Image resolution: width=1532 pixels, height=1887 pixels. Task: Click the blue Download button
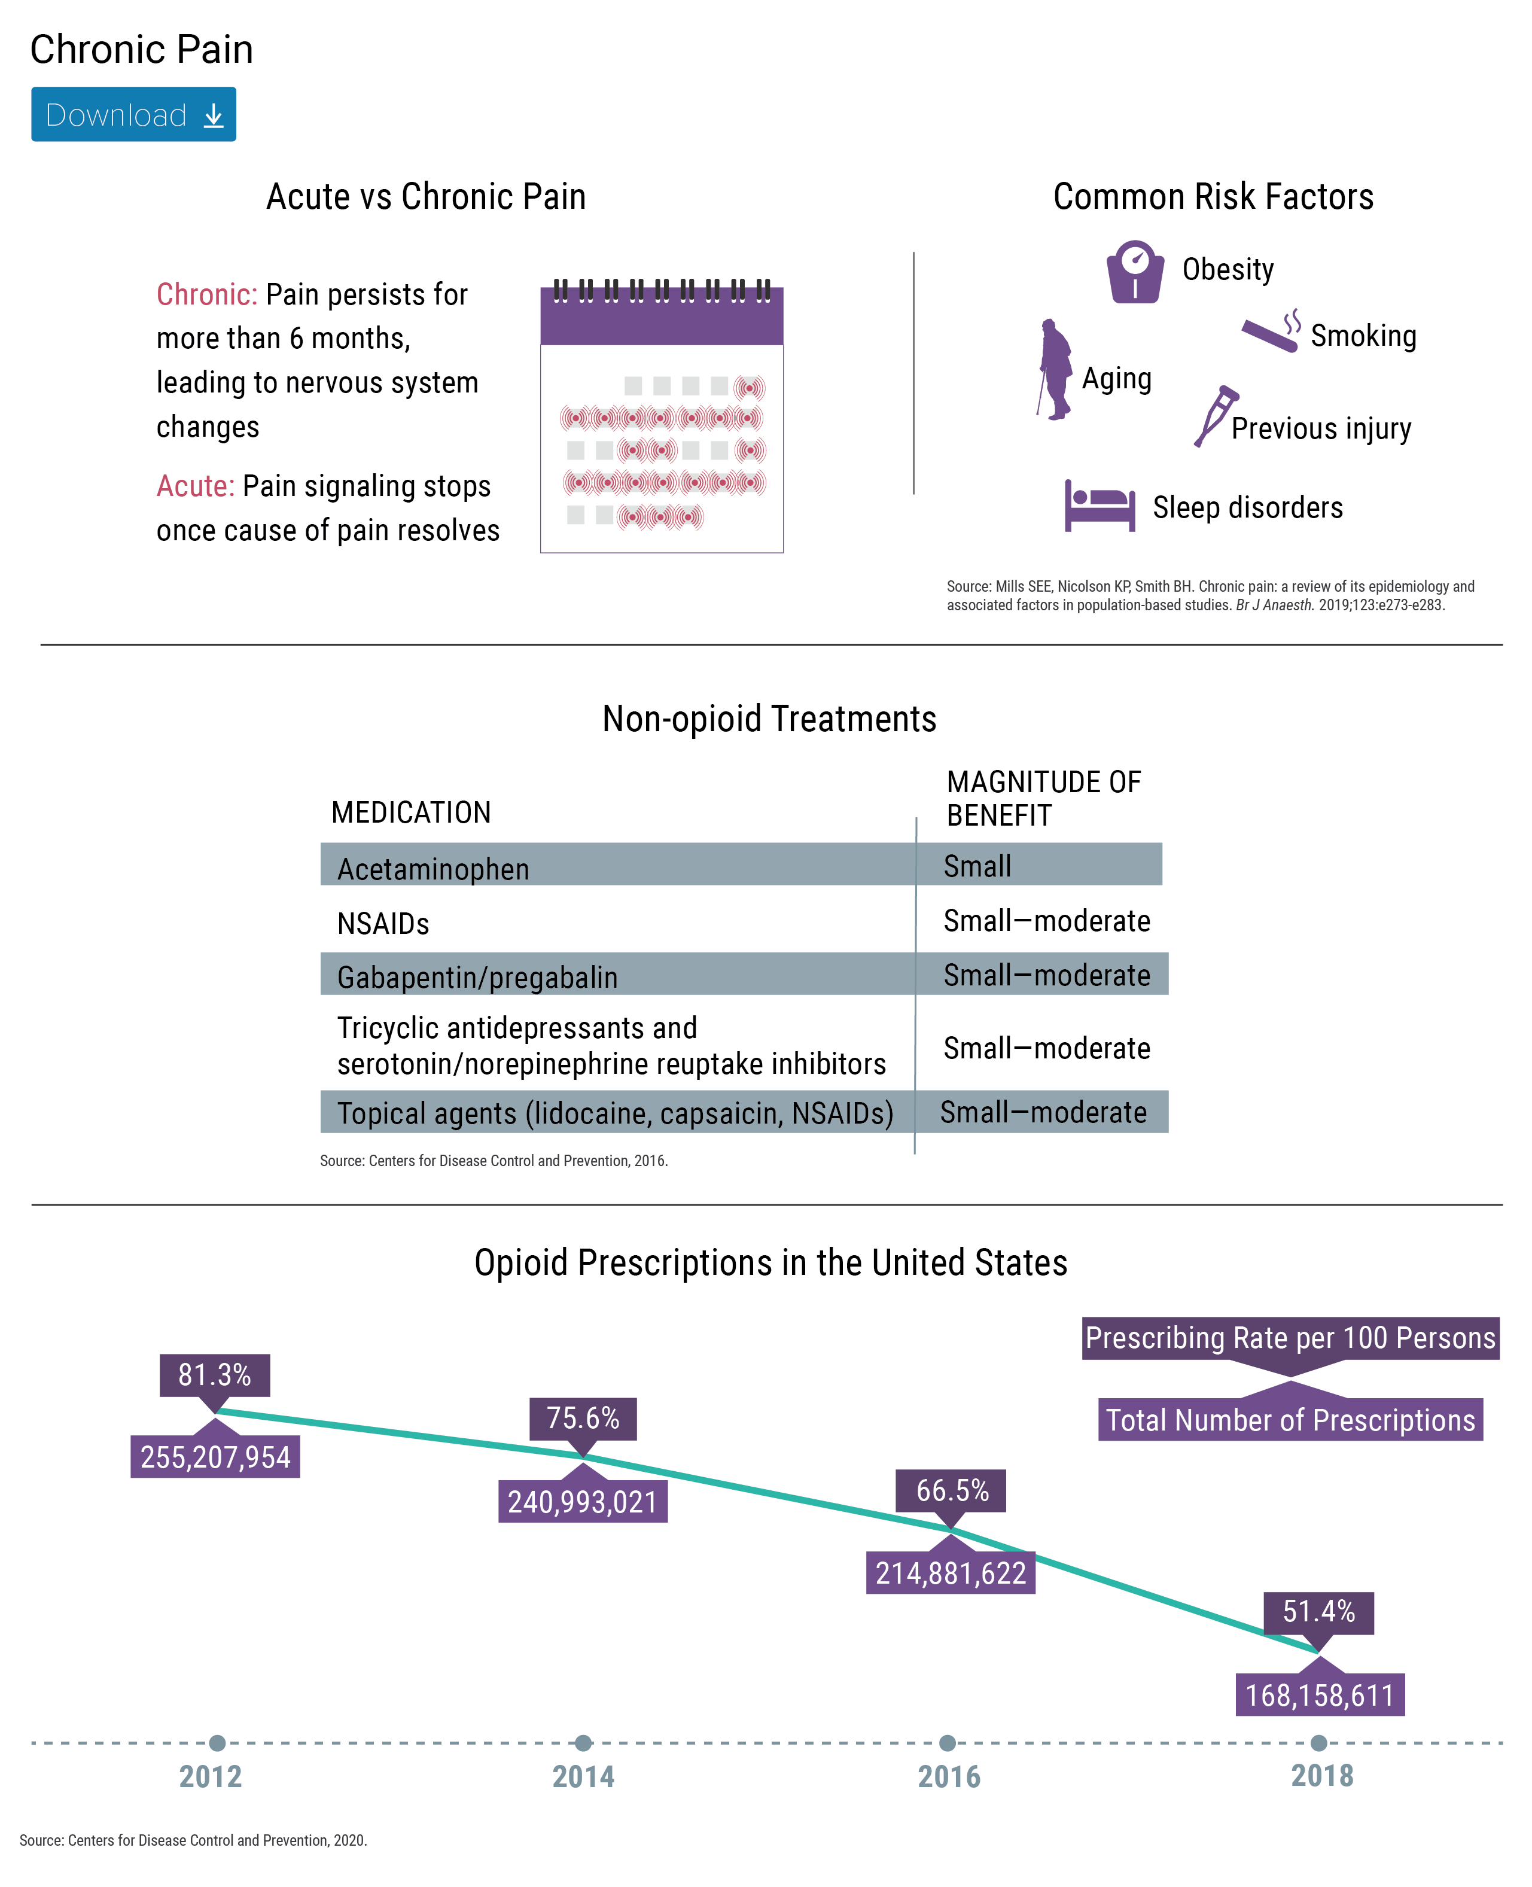[x=133, y=114]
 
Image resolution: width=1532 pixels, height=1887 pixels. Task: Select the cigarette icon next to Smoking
[x=1271, y=331]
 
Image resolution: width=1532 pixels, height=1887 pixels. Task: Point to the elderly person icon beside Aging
[x=1055, y=369]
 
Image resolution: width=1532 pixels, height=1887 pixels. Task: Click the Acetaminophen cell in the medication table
[x=433, y=869]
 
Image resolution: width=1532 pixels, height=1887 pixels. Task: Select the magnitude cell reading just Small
[x=977, y=866]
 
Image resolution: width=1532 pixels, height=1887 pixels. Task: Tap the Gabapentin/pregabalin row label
[x=477, y=977]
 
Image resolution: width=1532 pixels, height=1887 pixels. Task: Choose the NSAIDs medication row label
[x=383, y=923]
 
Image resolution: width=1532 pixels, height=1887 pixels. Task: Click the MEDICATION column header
[x=411, y=812]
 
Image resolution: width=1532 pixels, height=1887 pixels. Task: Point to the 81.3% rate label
[x=214, y=1375]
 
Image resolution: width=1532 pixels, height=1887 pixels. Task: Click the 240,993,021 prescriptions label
[x=583, y=1501]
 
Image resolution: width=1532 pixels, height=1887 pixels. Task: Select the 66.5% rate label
[x=951, y=1491]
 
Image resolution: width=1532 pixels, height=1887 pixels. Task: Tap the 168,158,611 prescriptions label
[x=1319, y=1694]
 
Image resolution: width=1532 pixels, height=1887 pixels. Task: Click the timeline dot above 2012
[x=217, y=1743]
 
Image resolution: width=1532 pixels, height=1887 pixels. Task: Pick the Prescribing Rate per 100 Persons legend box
[x=1290, y=1338]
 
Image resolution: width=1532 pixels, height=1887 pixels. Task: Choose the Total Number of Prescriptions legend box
[x=1290, y=1419]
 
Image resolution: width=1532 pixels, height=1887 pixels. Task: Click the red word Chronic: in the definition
[x=206, y=294]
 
